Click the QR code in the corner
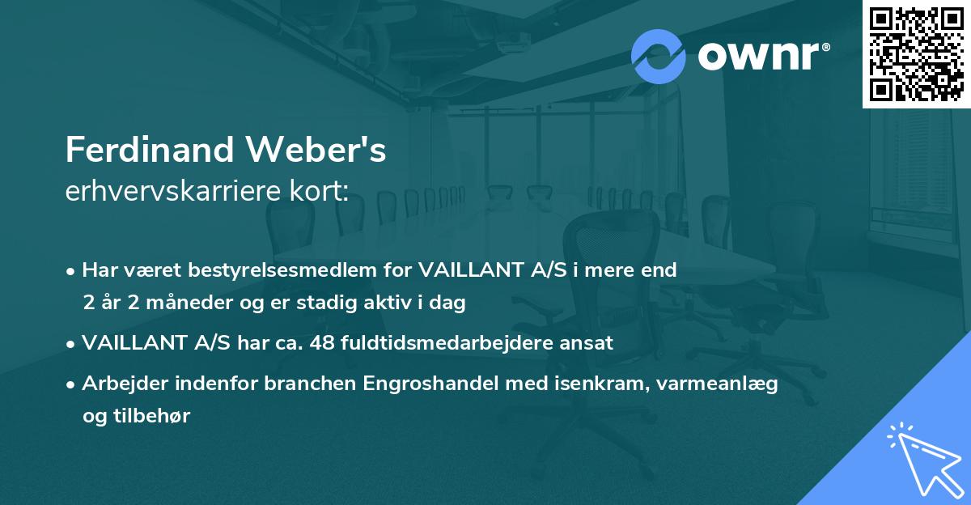(x=916, y=54)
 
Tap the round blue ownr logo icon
(x=659, y=56)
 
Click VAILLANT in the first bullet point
(x=469, y=270)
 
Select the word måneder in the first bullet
(x=176, y=303)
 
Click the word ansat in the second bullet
(x=590, y=343)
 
